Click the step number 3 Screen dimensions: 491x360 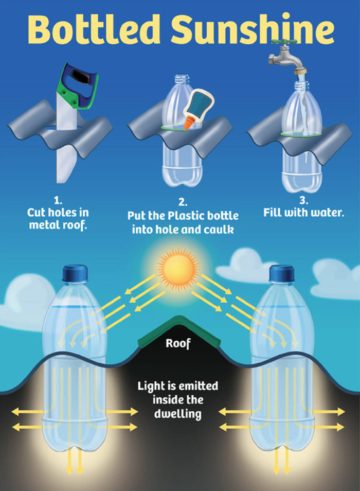pyautogui.click(x=303, y=200)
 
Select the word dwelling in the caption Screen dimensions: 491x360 pyautogui.click(x=177, y=413)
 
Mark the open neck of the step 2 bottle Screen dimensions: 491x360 pyautogui.click(x=182, y=80)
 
